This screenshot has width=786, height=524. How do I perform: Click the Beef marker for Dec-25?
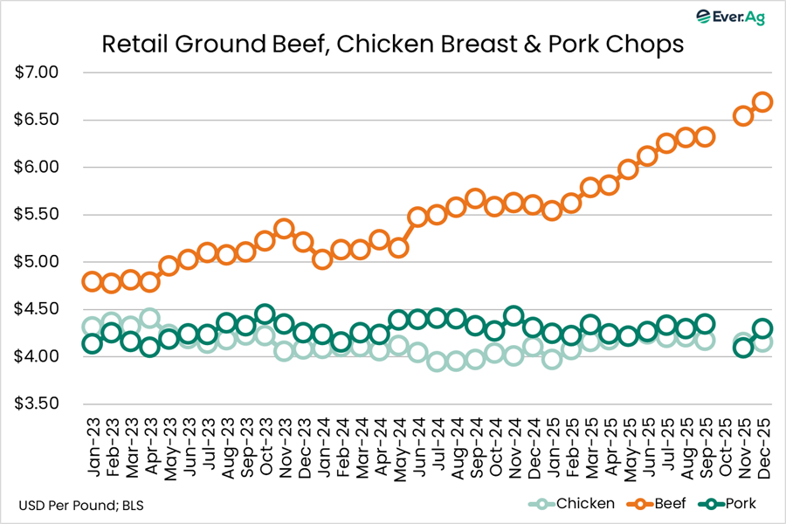[x=762, y=102]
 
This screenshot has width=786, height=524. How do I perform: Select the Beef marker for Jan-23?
[x=92, y=281]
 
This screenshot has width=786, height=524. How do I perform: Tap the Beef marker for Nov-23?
[x=283, y=230]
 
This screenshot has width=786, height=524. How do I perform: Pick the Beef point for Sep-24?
[x=475, y=198]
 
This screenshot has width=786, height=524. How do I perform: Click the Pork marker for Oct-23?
[x=265, y=314]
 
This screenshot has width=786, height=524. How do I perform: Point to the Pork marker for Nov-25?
[x=743, y=348]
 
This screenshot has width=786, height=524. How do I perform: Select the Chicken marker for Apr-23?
[x=149, y=319]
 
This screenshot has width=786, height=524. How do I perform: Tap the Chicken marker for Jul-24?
[x=437, y=362]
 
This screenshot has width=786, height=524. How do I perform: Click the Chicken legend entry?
[x=576, y=504]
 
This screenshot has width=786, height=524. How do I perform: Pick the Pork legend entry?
[x=730, y=504]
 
